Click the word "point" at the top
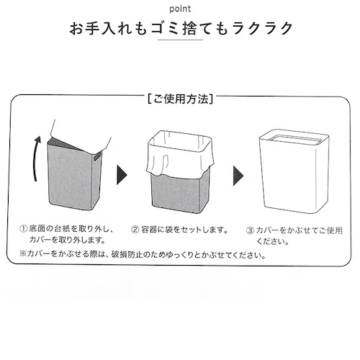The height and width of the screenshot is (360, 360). pyautogui.click(x=180, y=9)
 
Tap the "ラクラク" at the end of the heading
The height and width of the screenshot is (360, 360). pyautogui.click(x=263, y=29)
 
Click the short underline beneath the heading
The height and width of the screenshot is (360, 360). pyautogui.click(x=180, y=40)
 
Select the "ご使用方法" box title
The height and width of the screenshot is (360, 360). pyautogui.click(x=181, y=99)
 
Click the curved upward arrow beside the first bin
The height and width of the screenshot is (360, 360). pyautogui.click(x=37, y=158)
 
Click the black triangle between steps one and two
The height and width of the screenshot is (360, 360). pyautogui.click(x=122, y=175)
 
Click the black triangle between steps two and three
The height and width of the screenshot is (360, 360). pyautogui.click(x=238, y=176)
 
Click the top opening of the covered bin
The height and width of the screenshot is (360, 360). pyautogui.click(x=294, y=139)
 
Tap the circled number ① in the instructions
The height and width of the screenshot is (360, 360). pyautogui.click(x=23, y=229)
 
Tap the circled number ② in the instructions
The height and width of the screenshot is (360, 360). pyautogui.click(x=135, y=230)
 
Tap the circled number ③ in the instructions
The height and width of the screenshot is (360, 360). pyautogui.click(x=250, y=230)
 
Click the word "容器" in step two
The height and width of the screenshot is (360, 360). pyautogui.click(x=149, y=230)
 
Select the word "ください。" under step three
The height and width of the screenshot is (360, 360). pyautogui.click(x=273, y=241)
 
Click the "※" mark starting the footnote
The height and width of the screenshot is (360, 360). pyautogui.click(x=23, y=253)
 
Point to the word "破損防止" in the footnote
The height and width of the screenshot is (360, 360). pyautogui.click(x=127, y=254)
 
